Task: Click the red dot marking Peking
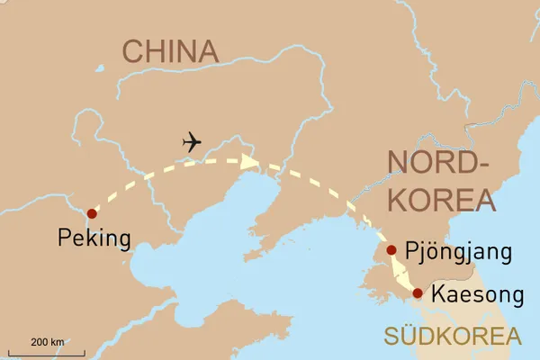tap(90, 213)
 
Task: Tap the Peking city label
tap(94, 238)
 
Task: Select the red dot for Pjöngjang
tap(391, 250)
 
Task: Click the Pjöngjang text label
tap(459, 251)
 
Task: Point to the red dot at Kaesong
tap(418, 292)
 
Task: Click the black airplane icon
tap(192, 142)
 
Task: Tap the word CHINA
tap(171, 52)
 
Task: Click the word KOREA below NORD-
tap(437, 199)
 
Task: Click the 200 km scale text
tap(48, 342)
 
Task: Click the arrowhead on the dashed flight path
tap(250, 161)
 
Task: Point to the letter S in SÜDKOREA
tap(391, 337)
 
